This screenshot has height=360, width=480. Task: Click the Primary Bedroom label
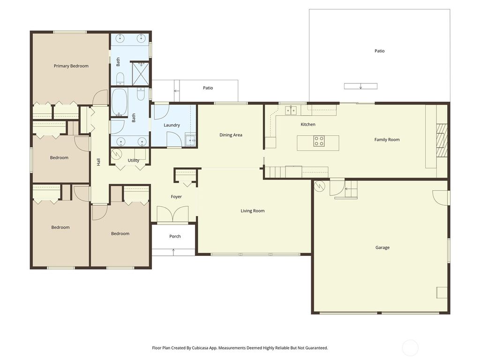[x=71, y=66]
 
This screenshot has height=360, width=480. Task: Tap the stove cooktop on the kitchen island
[x=319, y=141]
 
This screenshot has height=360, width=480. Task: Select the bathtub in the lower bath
[x=119, y=102]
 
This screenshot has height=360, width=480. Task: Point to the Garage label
[x=382, y=247]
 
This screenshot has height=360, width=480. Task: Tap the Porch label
[x=175, y=236]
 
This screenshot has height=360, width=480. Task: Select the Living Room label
[x=253, y=211]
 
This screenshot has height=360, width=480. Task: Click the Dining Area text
[x=231, y=135]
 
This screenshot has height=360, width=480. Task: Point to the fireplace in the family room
[x=442, y=141]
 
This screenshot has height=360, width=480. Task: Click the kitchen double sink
[x=291, y=110]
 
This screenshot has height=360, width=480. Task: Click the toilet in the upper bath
[x=120, y=77]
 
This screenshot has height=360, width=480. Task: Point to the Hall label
[x=98, y=162]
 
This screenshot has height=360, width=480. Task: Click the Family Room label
[x=387, y=140]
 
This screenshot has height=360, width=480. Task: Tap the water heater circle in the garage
[x=319, y=186]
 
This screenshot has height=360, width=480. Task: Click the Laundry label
[x=172, y=125]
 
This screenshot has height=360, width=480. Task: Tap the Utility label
[x=134, y=161]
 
